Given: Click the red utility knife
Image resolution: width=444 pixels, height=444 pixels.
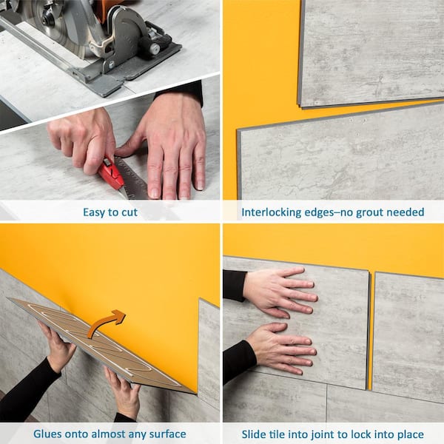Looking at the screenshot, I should coord(111,175).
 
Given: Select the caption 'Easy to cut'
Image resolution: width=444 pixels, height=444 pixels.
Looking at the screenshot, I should coord(110,212).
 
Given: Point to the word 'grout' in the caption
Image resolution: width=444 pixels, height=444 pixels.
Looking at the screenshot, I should coord(363,212).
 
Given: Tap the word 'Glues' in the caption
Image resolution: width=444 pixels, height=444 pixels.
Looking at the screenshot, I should coord(50,434).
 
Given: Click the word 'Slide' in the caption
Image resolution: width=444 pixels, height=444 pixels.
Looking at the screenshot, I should coord(256,434).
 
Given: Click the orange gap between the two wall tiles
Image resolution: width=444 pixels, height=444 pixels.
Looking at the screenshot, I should coord(370,333).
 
